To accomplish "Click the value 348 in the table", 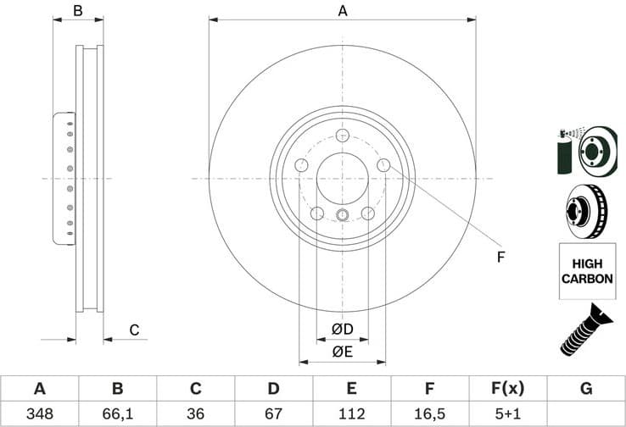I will click(x=39, y=413).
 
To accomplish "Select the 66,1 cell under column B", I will click(x=117, y=413).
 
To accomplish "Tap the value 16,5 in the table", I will click(x=429, y=413).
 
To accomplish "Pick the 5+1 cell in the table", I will click(x=507, y=413).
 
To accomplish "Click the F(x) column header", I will click(x=507, y=389).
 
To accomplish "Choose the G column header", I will click(x=585, y=389).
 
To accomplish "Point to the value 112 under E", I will click(x=351, y=413).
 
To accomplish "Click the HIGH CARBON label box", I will click(x=585, y=270).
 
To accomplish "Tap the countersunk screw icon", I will click(x=585, y=329).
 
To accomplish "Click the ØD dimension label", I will click(x=342, y=329).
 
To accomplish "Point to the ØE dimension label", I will click(x=342, y=352).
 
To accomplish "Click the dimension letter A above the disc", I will click(x=343, y=11).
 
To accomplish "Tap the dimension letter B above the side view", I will click(x=77, y=11).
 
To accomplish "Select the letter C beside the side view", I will click(x=134, y=330).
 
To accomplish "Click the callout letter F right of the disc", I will click(x=500, y=257).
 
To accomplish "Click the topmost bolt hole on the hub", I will click(x=342, y=136).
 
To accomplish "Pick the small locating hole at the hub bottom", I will click(x=342, y=214).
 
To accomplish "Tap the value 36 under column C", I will click(x=195, y=413).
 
